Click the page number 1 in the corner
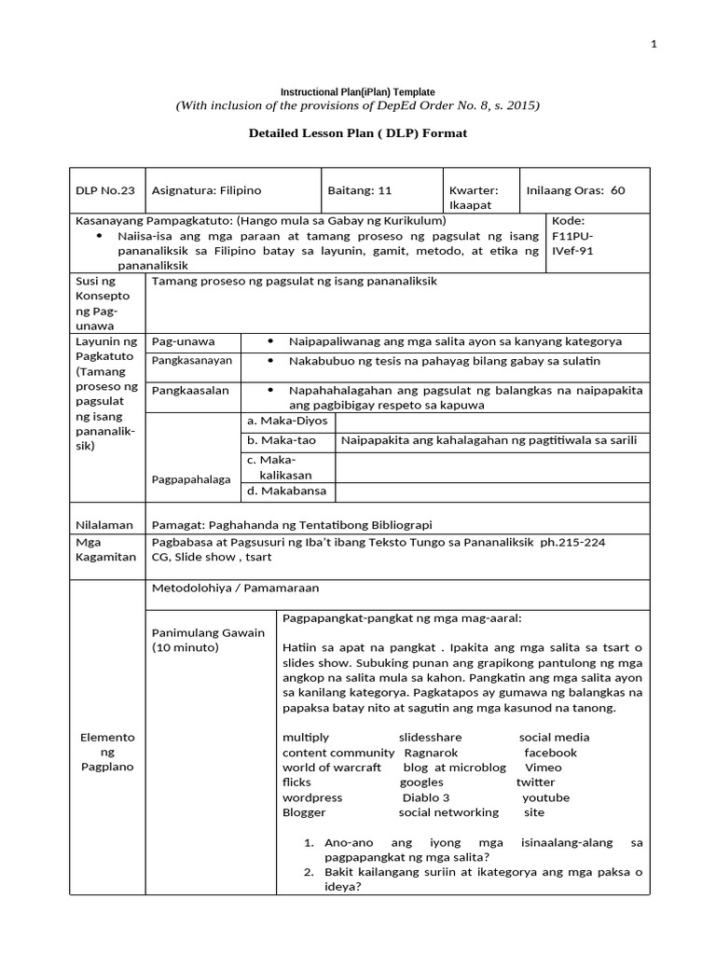(654, 44)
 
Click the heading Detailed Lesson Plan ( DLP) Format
(358, 133)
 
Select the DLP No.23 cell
(105, 190)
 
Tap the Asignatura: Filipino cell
(206, 190)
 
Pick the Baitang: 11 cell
(360, 190)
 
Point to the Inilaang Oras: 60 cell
(576, 190)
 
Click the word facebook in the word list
(550, 753)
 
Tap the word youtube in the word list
(545, 797)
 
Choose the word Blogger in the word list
(305, 812)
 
